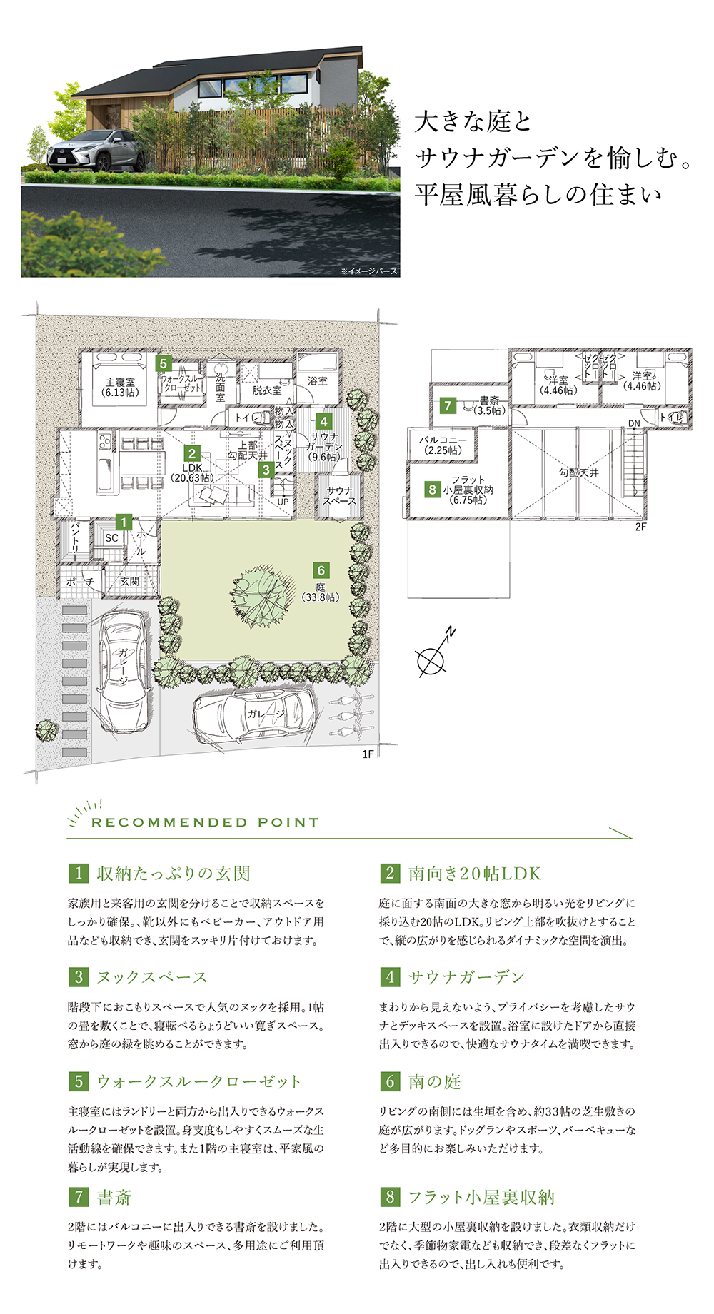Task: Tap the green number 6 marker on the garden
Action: (321, 570)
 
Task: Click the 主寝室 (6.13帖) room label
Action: (120, 388)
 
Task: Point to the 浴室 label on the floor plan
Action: (318, 381)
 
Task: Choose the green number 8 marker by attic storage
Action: (432, 490)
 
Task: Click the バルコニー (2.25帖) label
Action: (443, 445)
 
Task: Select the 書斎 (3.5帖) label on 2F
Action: (490, 406)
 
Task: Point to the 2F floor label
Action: (640, 527)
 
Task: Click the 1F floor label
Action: (368, 754)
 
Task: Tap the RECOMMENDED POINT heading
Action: (205, 822)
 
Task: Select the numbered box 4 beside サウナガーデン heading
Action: (390, 977)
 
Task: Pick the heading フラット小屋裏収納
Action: (481, 1197)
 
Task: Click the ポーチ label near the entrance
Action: (80, 582)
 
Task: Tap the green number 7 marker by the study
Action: (448, 405)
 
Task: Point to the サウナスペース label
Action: (339, 496)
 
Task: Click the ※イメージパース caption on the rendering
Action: (369, 271)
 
